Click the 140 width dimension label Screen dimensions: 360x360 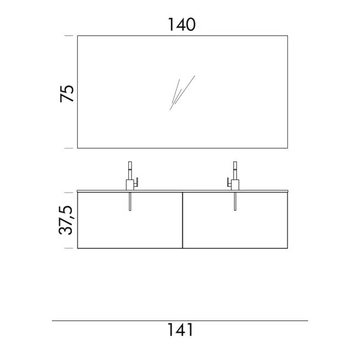[x=182, y=25]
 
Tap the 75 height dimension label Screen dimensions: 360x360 [x=67, y=94]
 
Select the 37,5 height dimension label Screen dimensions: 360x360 [x=66, y=220]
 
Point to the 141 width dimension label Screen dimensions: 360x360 [x=180, y=330]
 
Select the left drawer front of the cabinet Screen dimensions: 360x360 [x=130, y=220]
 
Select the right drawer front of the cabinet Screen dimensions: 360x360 [x=235, y=220]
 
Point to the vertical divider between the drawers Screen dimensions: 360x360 [x=183, y=220]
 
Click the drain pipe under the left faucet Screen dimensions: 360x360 [x=130, y=201]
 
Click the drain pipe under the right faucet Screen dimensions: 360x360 [x=235, y=201]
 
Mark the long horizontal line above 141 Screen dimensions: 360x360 [x=180, y=321]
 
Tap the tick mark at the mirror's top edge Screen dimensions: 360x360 [x=69, y=36]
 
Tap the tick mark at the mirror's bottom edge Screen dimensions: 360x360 [x=69, y=148]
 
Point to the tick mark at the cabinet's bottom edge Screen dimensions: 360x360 [x=69, y=248]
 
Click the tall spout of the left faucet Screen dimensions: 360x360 [x=130, y=171]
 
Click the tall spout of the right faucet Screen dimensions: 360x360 [x=235, y=171]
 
